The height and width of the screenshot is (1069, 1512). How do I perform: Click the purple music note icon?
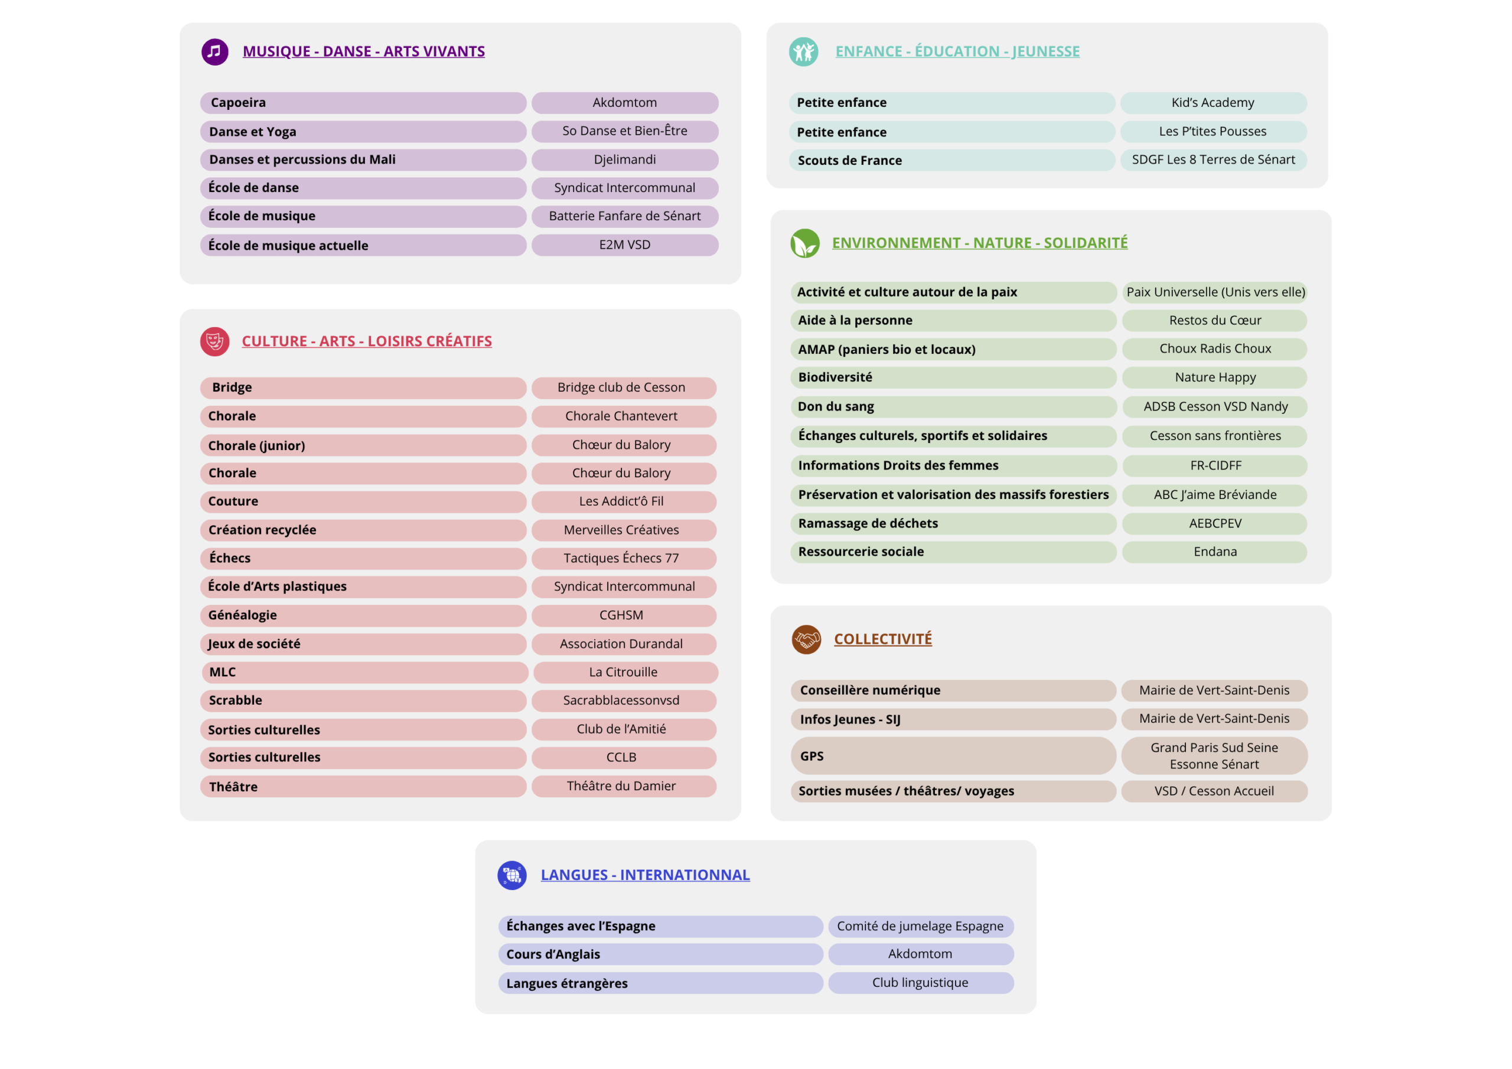point(214,51)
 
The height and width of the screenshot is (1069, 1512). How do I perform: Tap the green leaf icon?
point(805,243)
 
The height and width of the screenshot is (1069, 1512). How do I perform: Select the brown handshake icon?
point(806,639)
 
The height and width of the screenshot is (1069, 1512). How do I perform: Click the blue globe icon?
point(511,875)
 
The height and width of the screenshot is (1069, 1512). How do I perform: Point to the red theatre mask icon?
point(214,341)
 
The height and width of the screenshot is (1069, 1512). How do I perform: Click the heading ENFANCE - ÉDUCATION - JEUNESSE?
point(957,51)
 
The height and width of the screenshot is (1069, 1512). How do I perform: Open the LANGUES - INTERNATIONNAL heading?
point(646,875)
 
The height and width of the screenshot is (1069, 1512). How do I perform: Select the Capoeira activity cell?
point(363,103)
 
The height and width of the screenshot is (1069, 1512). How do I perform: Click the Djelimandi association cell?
point(625,159)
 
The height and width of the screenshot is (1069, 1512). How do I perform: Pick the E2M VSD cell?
point(625,245)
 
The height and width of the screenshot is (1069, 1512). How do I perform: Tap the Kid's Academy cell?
point(1213,103)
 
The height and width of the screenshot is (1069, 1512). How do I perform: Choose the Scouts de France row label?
point(951,160)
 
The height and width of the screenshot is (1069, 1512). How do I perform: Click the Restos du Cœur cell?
point(1215,321)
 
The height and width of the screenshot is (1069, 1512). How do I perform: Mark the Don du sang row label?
point(953,406)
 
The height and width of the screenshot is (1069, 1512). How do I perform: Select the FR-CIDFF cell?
point(1215,465)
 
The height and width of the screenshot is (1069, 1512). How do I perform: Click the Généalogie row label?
point(363,615)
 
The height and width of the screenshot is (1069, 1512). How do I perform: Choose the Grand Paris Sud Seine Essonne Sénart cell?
point(1214,755)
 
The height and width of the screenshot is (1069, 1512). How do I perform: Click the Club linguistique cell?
point(921,983)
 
